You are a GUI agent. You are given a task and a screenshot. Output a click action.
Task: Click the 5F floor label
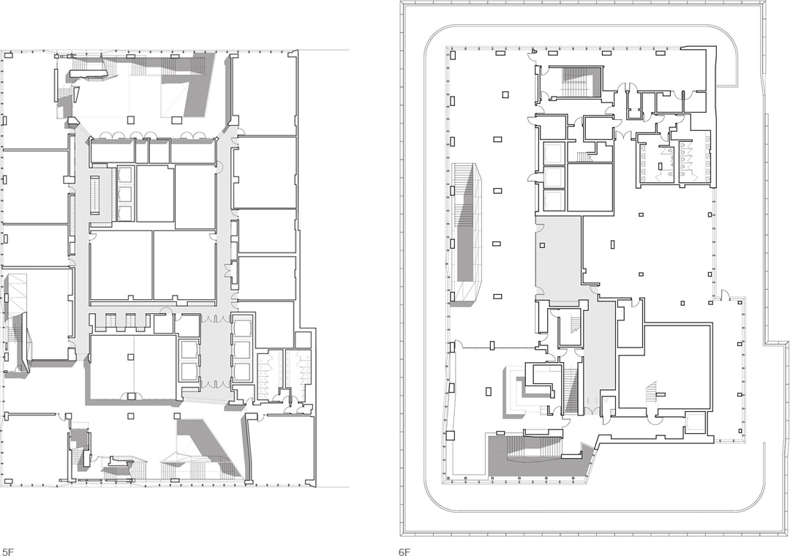click(x=7, y=552)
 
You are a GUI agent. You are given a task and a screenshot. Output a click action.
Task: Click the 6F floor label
click(x=405, y=552)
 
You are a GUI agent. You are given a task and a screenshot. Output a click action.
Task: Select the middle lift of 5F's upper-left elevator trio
click(x=124, y=194)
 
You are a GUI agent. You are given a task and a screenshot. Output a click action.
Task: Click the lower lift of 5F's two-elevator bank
click(x=188, y=370)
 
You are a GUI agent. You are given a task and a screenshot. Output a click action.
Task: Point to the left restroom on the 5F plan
click(x=269, y=375)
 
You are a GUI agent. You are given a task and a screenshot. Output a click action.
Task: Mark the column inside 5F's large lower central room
click(x=130, y=356)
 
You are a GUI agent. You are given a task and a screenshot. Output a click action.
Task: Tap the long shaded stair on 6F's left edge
click(x=467, y=234)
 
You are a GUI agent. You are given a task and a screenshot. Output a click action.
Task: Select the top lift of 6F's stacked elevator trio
click(x=554, y=151)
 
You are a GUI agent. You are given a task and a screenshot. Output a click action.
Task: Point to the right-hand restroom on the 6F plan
click(x=693, y=159)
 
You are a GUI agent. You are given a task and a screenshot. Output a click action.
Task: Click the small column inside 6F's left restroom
click(x=661, y=166)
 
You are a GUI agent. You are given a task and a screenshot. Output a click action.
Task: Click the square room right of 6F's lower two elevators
click(x=590, y=187)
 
